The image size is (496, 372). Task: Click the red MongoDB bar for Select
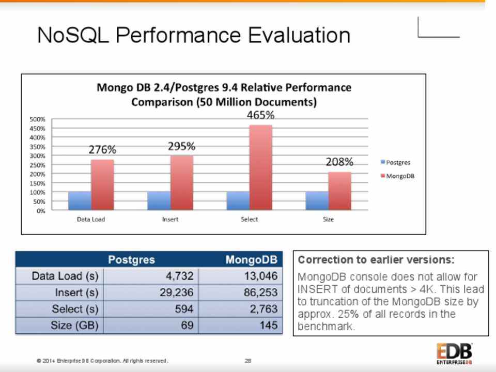pos(260,167)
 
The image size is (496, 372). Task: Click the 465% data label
pos(260,115)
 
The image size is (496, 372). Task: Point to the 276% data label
pos(102,150)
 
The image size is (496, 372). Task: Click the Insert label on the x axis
pos(170,220)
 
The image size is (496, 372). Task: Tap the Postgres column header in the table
pos(131,259)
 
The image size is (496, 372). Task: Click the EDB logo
pos(454,354)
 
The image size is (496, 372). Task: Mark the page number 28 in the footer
pos(248,360)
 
